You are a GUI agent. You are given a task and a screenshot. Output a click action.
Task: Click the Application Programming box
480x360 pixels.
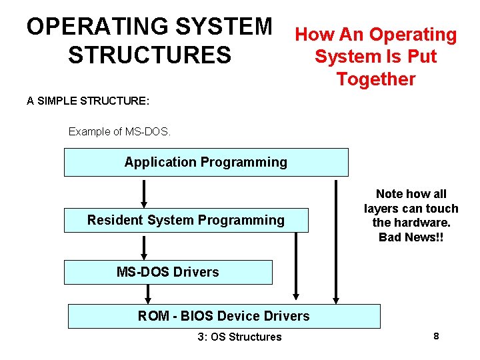point(205,162)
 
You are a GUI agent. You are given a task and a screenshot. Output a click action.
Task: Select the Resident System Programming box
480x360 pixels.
point(186,220)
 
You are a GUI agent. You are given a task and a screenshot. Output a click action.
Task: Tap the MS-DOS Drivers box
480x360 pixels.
point(168,272)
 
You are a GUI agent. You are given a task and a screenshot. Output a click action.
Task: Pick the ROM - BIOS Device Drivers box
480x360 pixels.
point(224,316)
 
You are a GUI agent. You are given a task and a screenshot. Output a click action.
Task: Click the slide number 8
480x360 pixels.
point(436,336)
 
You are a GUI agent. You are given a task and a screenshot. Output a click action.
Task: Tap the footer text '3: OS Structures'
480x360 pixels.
point(239,337)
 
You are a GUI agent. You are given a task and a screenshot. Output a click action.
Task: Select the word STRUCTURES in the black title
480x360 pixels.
point(149,55)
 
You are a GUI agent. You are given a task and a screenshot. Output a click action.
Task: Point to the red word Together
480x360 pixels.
point(376,79)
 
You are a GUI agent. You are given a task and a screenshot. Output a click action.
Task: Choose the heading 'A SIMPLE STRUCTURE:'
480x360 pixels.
point(88,101)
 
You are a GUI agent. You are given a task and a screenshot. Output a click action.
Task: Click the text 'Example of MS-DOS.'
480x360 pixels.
point(120,131)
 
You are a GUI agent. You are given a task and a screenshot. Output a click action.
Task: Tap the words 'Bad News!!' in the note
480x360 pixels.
point(411,237)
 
